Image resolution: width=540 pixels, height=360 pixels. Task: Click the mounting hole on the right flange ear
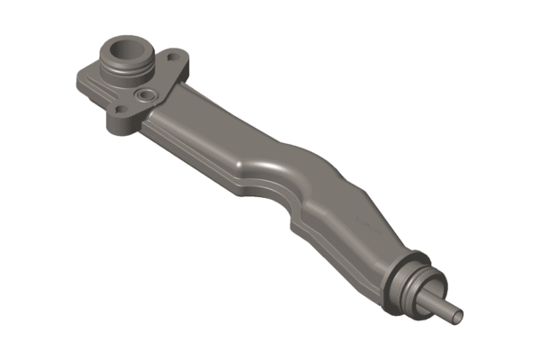click(x=170, y=60)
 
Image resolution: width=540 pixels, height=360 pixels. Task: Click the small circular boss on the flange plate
click(x=144, y=94)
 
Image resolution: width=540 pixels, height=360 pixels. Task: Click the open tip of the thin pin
click(x=459, y=316)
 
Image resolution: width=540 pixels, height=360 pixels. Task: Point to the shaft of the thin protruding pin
click(x=445, y=306)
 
